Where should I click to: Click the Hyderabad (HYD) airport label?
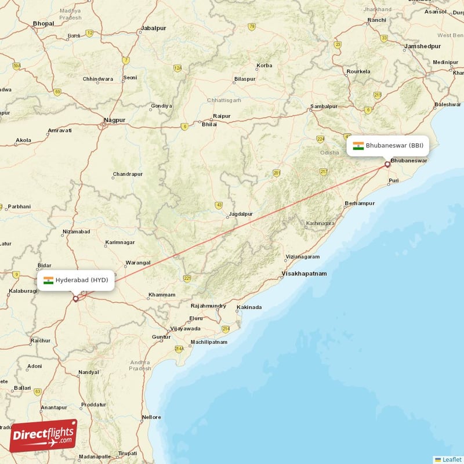[x=76, y=280]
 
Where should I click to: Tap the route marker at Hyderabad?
[x=75, y=299]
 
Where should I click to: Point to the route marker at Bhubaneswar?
[x=387, y=165]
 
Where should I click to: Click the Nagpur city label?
[x=114, y=120]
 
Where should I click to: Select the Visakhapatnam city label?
[x=304, y=273]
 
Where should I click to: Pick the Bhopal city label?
[x=43, y=23]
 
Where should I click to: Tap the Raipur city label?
[x=222, y=116]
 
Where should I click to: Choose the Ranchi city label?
[x=376, y=20]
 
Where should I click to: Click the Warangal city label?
[x=138, y=262]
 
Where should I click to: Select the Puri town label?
[x=394, y=181]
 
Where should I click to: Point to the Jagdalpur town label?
[x=241, y=213]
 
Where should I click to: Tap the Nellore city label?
[x=151, y=417]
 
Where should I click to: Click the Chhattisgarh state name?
[x=224, y=100]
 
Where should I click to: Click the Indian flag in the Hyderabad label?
[x=48, y=280]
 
